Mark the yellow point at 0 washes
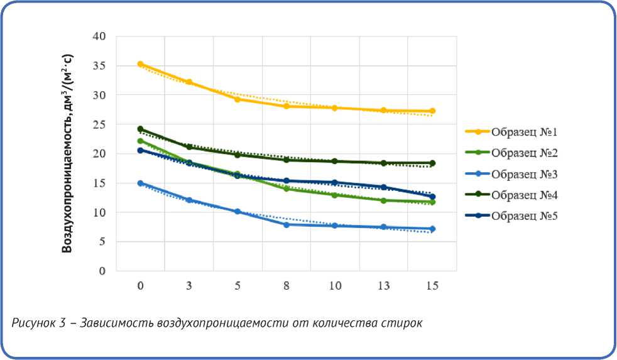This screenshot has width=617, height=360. [140, 64]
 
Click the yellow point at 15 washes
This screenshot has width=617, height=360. [432, 111]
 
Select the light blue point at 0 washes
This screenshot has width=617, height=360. [140, 183]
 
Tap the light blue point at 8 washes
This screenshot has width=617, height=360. [287, 224]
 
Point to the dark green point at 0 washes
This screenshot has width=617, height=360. [140, 129]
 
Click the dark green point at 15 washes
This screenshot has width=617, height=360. [432, 163]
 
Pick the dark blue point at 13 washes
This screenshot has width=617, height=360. [384, 187]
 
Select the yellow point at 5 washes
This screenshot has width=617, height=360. [238, 99]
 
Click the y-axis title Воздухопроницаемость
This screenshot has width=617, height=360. [67, 154]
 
